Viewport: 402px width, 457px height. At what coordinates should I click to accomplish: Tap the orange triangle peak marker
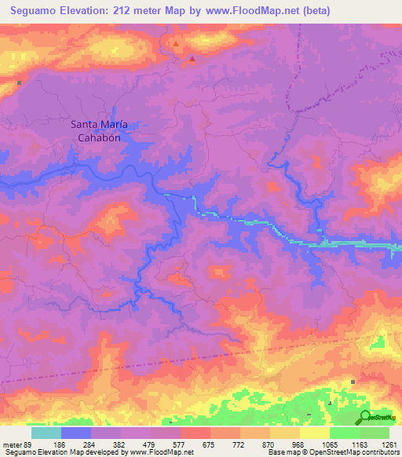[176, 44]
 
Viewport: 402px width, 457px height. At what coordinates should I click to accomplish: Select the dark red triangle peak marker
[192, 57]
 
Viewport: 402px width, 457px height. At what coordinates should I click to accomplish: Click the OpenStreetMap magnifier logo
[366, 418]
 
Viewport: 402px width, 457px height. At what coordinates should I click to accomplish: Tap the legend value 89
[31, 444]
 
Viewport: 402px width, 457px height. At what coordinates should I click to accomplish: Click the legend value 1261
[389, 444]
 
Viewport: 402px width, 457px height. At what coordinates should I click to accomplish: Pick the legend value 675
[209, 444]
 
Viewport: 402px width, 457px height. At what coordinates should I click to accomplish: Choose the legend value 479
[148, 444]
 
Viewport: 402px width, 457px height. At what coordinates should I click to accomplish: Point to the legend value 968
[299, 444]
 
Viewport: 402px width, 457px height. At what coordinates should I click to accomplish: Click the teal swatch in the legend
[46, 433]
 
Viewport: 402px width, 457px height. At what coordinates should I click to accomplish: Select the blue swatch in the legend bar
[76, 433]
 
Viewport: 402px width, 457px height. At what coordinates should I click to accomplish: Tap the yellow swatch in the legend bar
[314, 433]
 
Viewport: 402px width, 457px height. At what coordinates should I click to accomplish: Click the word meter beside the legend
[12, 444]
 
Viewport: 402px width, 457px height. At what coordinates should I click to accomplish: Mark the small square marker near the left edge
[18, 82]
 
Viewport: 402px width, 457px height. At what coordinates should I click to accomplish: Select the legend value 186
[58, 444]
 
